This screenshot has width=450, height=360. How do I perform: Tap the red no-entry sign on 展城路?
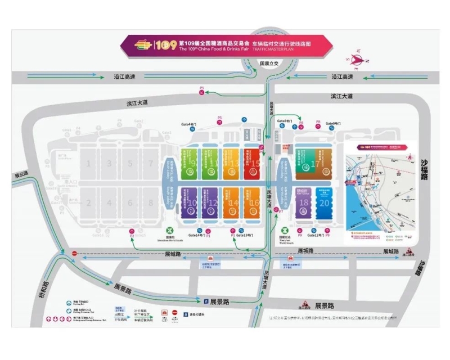(74, 254)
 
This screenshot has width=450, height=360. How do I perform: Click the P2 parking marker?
(132, 231)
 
